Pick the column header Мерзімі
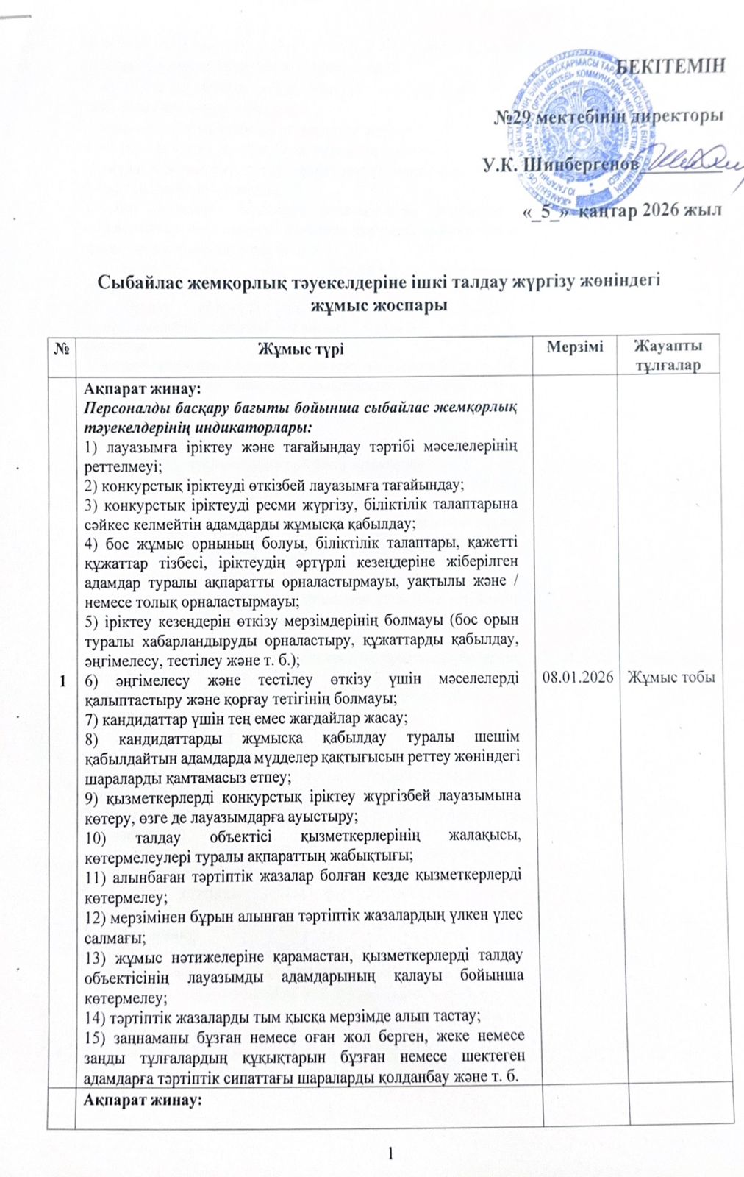(x=575, y=346)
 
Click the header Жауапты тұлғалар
(x=668, y=355)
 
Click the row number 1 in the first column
(x=60, y=681)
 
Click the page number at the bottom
(x=393, y=1155)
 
